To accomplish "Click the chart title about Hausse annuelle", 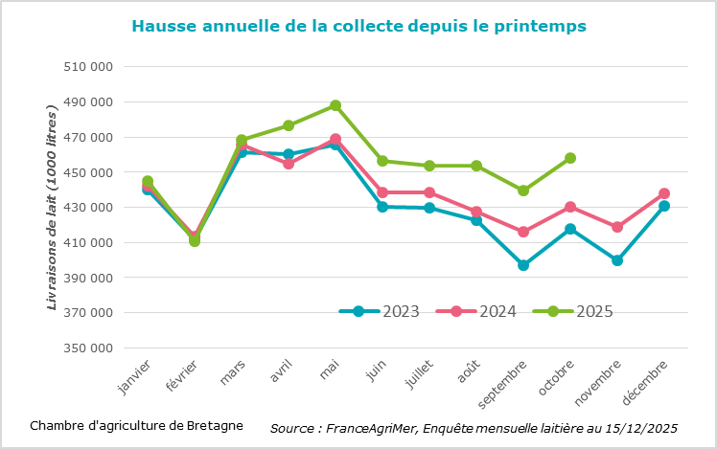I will click(358, 26).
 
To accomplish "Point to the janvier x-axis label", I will click(133, 377).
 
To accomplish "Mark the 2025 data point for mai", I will click(335, 105).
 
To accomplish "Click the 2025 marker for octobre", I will click(570, 158).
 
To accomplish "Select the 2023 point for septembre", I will click(523, 265).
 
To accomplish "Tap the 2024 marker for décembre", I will click(664, 193).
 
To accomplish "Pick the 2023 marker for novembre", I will click(617, 260).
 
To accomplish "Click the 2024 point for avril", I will click(289, 164).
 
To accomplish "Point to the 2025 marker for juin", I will click(382, 161).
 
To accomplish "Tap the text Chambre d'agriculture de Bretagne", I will click(136, 425).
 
